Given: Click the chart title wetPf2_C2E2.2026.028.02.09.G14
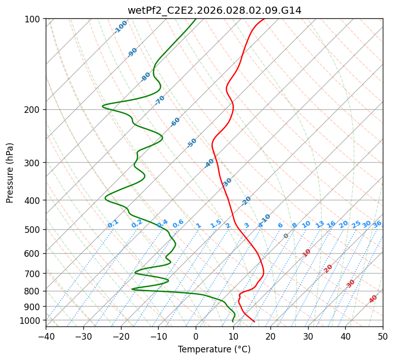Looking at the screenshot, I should click(214, 10).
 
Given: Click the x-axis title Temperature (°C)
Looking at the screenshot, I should click(214, 349).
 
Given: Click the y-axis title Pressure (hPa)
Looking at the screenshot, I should click(10, 173).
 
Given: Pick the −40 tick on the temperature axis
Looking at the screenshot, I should click(46, 336).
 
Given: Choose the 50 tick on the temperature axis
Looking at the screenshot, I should click(383, 336).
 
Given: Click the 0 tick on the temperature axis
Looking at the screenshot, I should click(196, 336).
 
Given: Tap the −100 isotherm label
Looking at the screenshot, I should click(120, 26).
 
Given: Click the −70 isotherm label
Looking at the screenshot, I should click(160, 100).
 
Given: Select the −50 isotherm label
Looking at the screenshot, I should click(192, 143).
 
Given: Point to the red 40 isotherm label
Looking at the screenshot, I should click(373, 299).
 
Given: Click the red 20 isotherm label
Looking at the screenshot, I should click(328, 268).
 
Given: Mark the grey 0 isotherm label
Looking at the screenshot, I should click(286, 236).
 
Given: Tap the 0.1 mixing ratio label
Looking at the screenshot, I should click(113, 223).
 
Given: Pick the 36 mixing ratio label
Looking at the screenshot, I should click(377, 224).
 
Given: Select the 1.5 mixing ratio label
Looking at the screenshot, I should click(216, 223).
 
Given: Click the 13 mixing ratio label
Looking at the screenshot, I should click(320, 224).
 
